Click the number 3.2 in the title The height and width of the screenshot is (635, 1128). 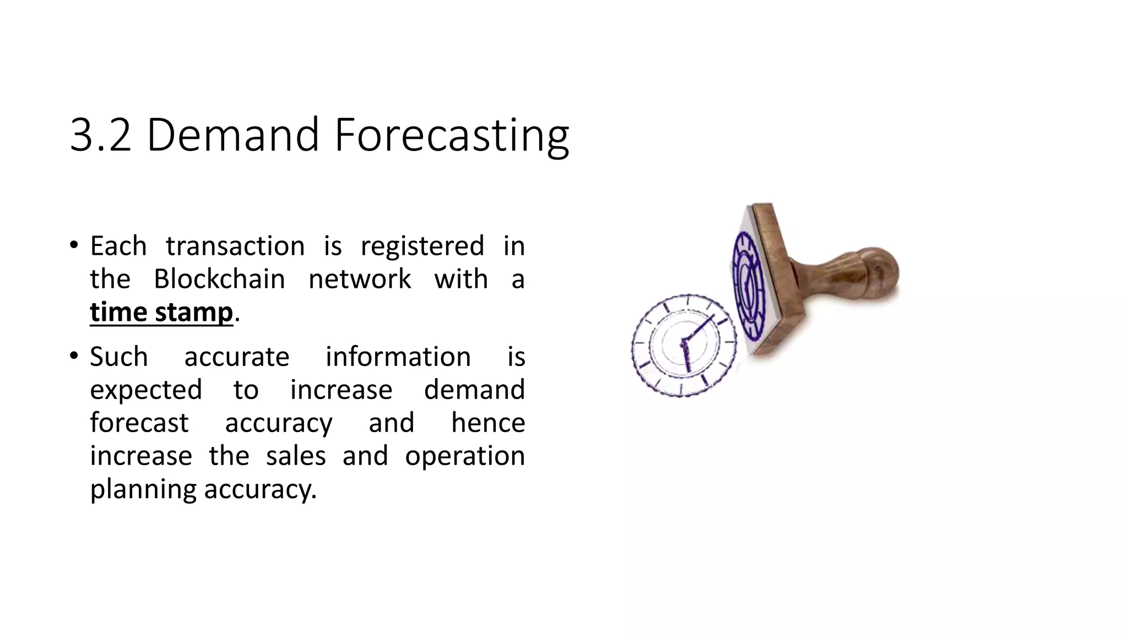[x=100, y=135]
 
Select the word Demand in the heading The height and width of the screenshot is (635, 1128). [x=232, y=135]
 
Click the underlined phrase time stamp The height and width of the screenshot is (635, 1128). [x=161, y=313]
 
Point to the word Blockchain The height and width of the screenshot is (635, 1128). [x=219, y=279]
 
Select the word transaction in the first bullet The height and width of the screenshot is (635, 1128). [x=235, y=246]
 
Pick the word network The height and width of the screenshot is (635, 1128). [x=359, y=279]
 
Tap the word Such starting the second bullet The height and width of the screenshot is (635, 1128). [x=118, y=357]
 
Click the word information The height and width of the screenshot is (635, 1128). [x=398, y=357]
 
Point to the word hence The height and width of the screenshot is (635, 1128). [x=487, y=423]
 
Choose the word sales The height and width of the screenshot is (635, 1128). [x=296, y=456]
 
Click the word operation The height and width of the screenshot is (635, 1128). [x=464, y=457]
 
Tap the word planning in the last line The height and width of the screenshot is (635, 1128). [x=143, y=490]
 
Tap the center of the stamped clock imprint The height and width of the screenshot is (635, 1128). [x=684, y=345]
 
